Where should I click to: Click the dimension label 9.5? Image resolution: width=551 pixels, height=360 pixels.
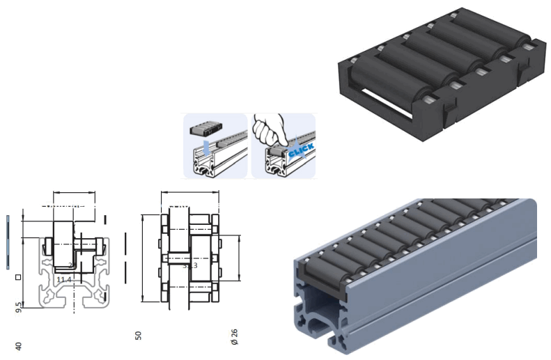(19, 307)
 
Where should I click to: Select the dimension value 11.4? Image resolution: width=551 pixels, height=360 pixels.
(64, 280)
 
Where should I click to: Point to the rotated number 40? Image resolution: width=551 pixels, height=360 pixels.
(19, 345)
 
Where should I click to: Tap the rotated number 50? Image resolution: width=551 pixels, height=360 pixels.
(139, 336)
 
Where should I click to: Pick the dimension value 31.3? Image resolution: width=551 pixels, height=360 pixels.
(189, 265)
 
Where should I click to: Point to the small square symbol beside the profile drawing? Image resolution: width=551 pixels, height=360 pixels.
(18, 277)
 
